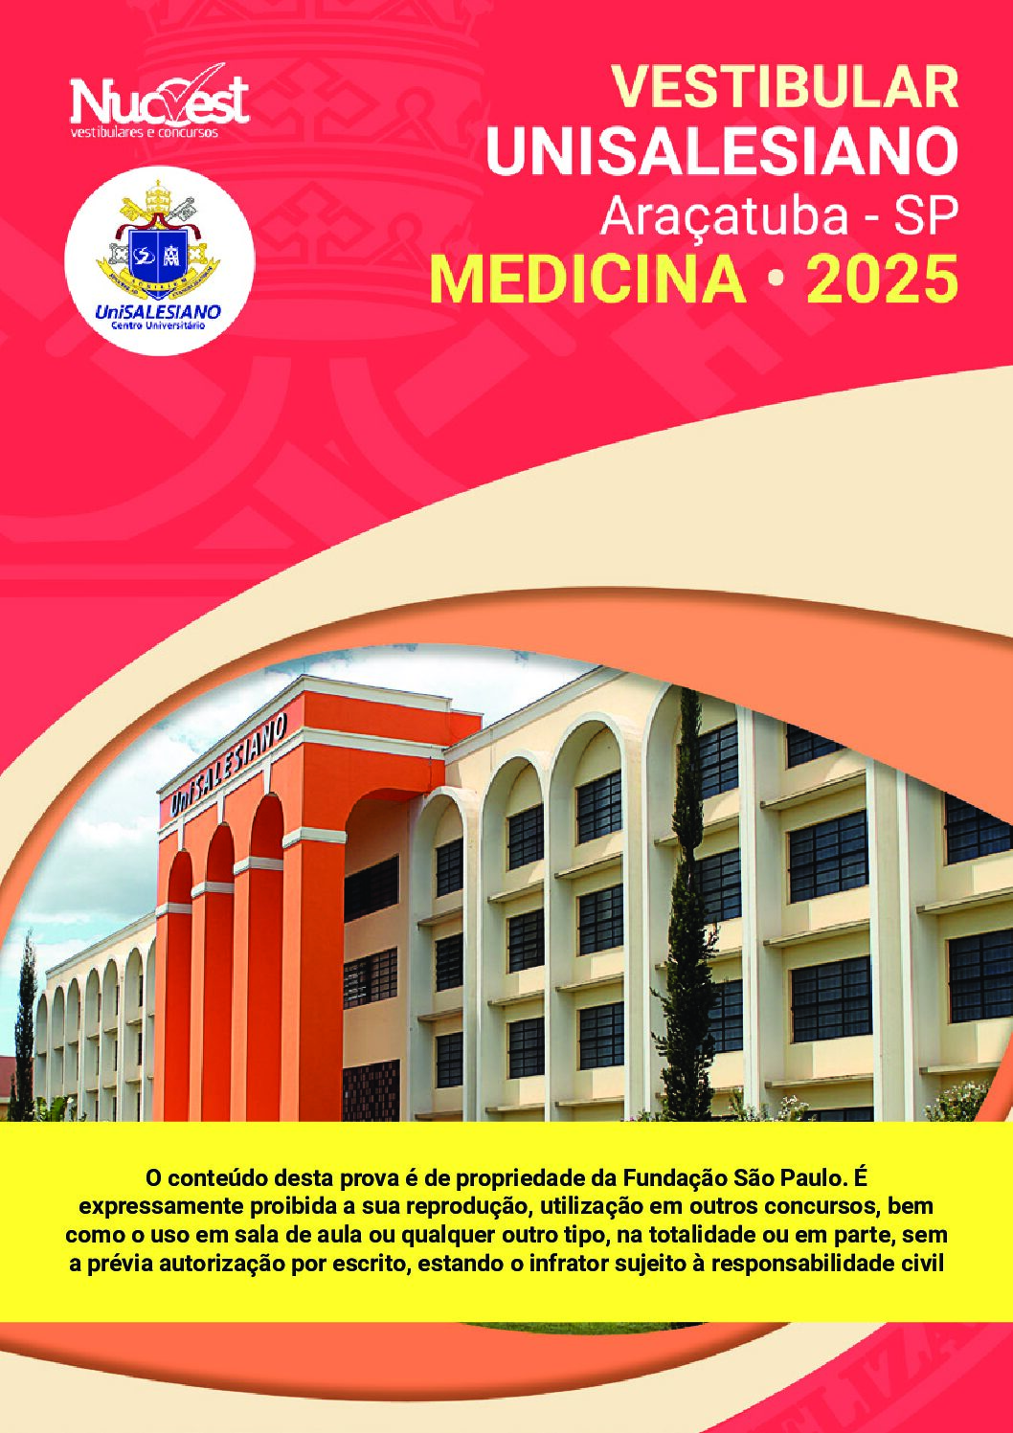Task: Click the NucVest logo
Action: tap(159, 102)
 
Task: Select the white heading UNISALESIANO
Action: tap(722, 152)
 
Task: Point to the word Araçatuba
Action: tap(720, 218)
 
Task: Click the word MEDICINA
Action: tap(589, 280)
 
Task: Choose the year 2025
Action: tap(882, 280)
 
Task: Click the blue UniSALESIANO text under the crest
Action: tap(158, 312)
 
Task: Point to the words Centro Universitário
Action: tap(158, 325)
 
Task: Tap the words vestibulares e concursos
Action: tap(145, 133)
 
